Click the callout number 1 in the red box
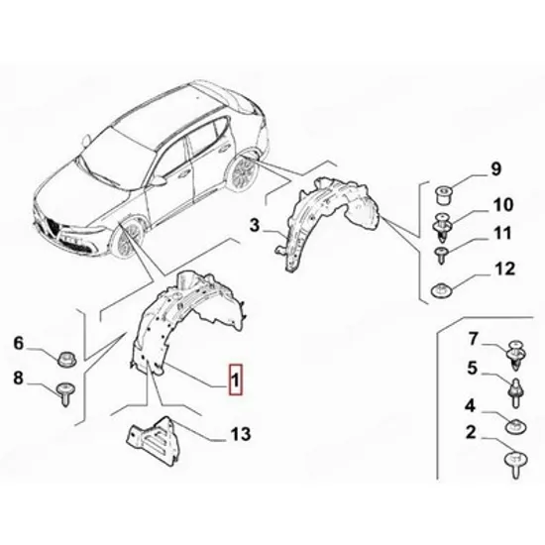click(x=235, y=380)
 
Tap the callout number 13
click(x=241, y=434)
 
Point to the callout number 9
click(x=496, y=169)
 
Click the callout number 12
click(x=502, y=269)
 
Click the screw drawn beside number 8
click(x=66, y=393)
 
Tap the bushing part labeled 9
click(x=444, y=195)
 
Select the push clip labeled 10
click(x=443, y=227)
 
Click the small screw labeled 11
click(x=441, y=255)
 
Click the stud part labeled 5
click(x=517, y=392)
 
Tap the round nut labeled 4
click(x=516, y=426)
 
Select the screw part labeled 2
click(x=516, y=464)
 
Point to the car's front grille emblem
click(x=53, y=227)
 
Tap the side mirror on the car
click(x=159, y=180)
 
